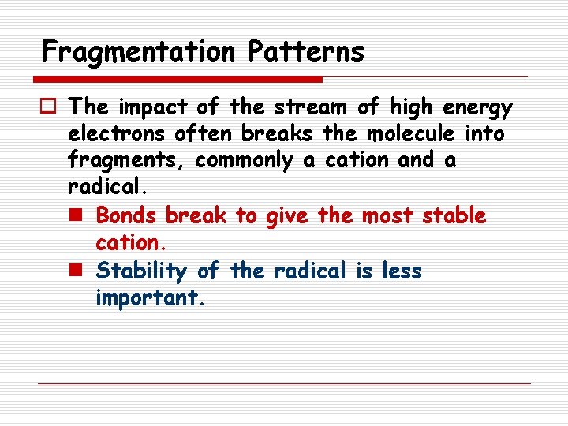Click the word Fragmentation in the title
tap(138, 52)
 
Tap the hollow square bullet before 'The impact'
tap(48, 106)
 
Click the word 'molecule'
tap(410, 134)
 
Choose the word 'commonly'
tap(245, 162)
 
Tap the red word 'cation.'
tap(126, 242)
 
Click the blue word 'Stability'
tap(142, 271)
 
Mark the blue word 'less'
tap(402, 271)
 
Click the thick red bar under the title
tap(177, 79)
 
